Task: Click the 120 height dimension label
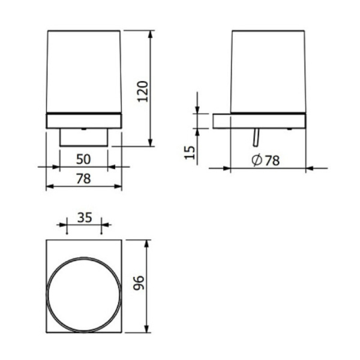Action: [x=143, y=91]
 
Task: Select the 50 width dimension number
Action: [x=83, y=159]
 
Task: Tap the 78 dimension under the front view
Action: [x=83, y=179]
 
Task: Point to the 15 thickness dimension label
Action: [x=190, y=152]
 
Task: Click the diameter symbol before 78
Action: [x=256, y=160]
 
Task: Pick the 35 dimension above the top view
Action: [x=85, y=217]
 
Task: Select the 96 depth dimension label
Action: [x=139, y=283]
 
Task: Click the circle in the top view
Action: [x=84, y=257]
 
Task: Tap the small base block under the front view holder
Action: [x=83, y=137]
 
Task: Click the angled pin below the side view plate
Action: [x=256, y=137]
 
